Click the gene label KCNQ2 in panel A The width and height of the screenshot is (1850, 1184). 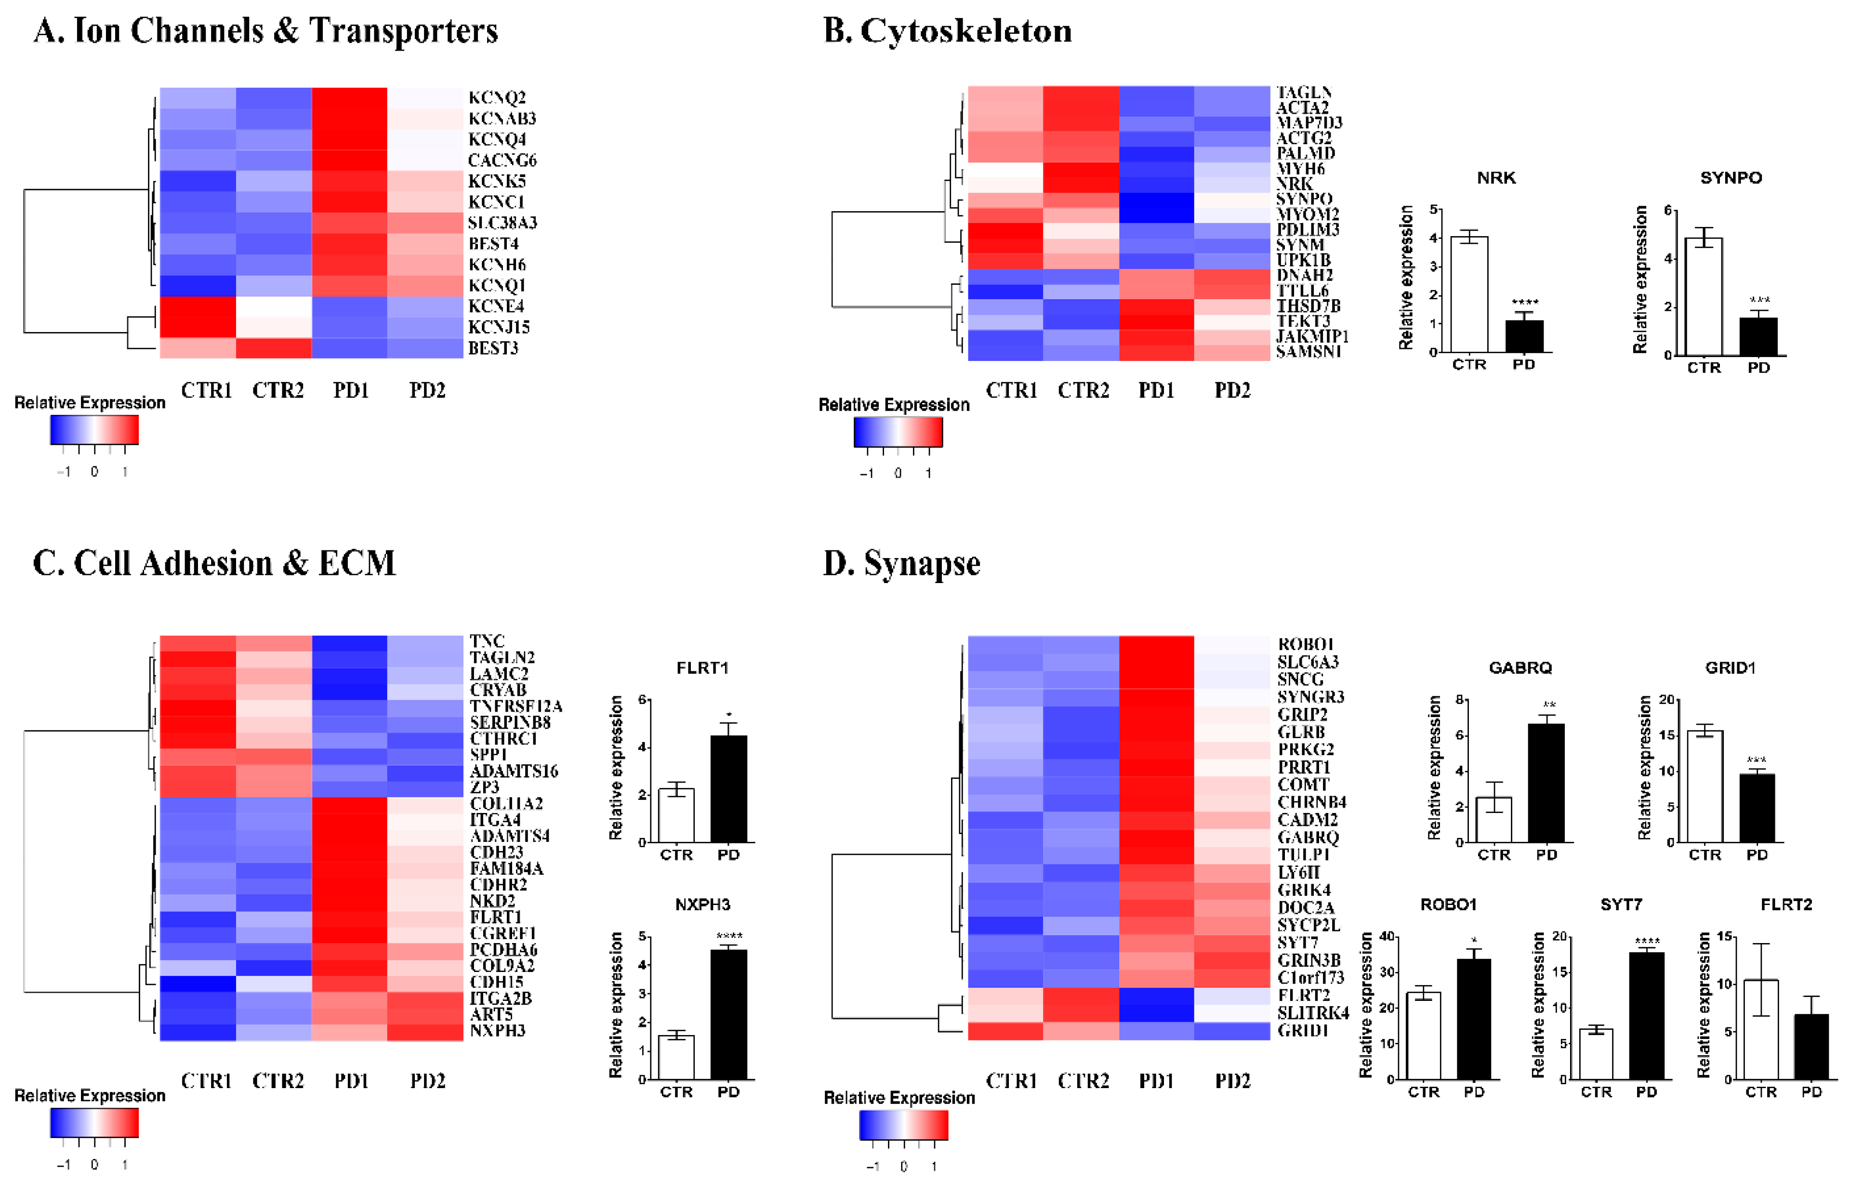coord(497,98)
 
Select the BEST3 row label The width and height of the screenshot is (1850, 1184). coord(493,348)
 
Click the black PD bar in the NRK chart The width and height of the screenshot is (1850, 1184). coord(1524,336)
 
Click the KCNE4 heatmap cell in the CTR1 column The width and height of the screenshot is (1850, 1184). coord(198,306)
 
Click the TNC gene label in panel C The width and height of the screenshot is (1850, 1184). coord(487,640)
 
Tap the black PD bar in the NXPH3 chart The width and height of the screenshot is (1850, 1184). coord(728,1015)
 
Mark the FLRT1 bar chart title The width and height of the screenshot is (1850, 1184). coord(702,668)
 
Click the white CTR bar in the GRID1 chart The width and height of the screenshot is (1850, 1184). coord(1704,786)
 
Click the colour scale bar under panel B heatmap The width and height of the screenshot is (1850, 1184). coord(897,432)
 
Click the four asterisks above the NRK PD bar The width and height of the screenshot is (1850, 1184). coord(1524,302)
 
